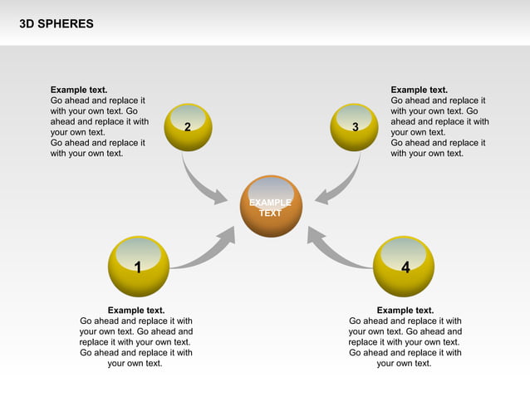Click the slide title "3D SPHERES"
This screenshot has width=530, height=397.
coord(56,24)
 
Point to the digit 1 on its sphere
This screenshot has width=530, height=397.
coord(138,267)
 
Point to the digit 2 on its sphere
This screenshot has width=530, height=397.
coord(188,127)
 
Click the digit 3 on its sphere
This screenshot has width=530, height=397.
coord(355,127)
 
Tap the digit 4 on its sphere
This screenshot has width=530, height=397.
coord(405,267)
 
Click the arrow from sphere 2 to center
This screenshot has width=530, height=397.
coord(199,184)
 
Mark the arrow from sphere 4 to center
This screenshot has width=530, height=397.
coord(336,250)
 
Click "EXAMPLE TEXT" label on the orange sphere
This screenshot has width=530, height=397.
coord(271,208)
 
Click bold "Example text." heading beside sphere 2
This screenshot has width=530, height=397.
coord(79,90)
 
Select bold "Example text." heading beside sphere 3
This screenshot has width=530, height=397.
coord(419,90)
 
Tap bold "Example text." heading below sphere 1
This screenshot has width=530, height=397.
coord(136,311)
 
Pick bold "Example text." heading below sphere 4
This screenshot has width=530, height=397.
coord(405,311)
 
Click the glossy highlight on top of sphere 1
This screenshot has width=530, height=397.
coord(139,252)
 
